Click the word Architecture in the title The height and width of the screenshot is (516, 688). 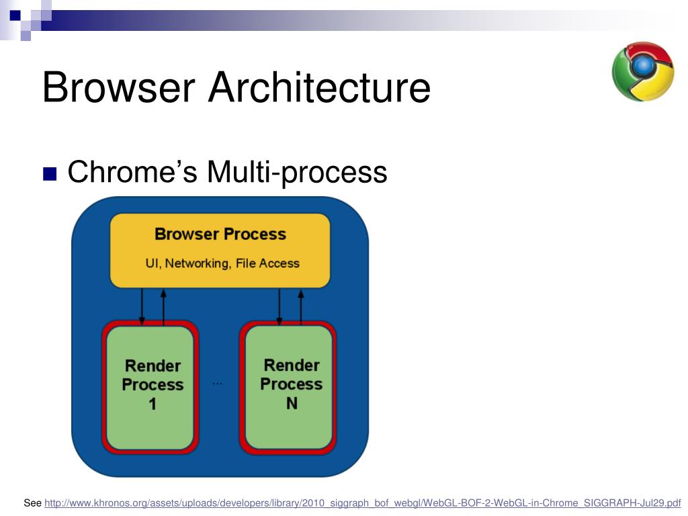(x=318, y=87)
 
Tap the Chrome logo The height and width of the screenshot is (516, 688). (x=642, y=72)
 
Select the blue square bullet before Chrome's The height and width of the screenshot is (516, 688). (x=50, y=174)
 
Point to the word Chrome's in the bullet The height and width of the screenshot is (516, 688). (x=132, y=172)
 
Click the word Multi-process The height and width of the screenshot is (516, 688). (x=297, y=172)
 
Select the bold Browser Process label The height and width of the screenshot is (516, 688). (x=220, y=234)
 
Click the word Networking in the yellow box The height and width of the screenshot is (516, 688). (x=197, y=263)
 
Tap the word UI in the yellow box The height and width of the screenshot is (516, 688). (x=152, y=263)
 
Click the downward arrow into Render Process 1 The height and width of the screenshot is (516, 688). (x=142, y=306)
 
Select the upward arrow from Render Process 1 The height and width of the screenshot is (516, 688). (x=163, y=306)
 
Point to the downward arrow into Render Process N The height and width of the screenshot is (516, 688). (x=279, y=306)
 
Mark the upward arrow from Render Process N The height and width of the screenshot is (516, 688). (x=300, y=306)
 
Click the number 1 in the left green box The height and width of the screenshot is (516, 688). (x=153, y=404)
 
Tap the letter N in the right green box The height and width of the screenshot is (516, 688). (x=292, y=404)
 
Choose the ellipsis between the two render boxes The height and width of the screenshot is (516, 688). (x=217, y=383)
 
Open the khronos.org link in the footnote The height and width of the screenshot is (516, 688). (x=362, y=503)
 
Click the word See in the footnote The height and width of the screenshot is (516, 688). (x=32, y=503)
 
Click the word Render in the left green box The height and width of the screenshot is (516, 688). (x=153, y=366)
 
